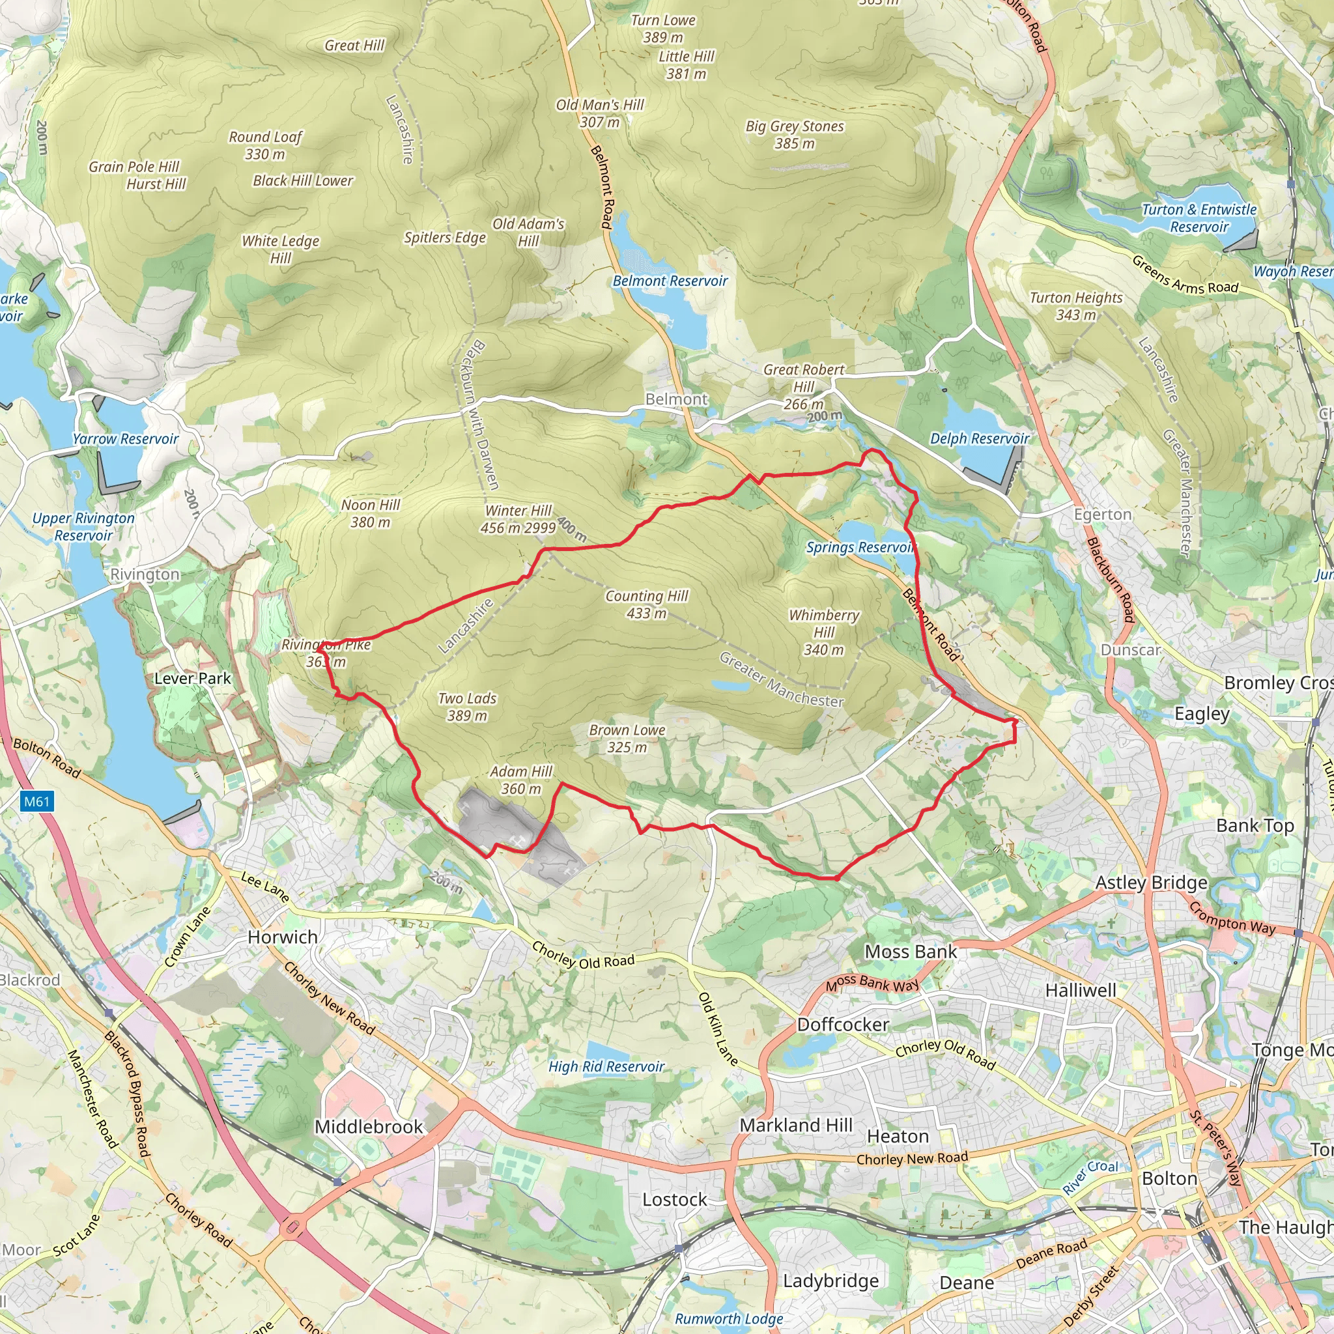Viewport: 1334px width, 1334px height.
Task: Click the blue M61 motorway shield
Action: (x=36, y=802)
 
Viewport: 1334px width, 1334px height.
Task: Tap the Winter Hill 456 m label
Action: (x=518, y=519)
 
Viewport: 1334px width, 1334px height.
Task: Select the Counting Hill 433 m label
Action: (x=646, y=604)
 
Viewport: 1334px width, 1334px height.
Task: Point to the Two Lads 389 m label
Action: (x=467, y=707)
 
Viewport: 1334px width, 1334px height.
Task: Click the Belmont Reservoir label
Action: (x=670, y=281)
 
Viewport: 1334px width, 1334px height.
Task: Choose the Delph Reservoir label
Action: (x=979, y=438)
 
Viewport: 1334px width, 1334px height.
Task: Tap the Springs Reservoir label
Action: (x=860, y=548)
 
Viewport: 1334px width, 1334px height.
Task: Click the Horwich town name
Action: (x=283, y=937)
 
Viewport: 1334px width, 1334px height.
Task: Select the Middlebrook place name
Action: (x=368, y=1127)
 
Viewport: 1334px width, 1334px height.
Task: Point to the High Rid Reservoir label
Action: (x=606, y=1067)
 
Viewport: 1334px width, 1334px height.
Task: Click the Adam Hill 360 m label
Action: (x=521, y=780)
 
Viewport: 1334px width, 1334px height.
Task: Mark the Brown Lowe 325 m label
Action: (x=627, y=738)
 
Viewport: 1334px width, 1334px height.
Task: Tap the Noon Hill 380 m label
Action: (x=370, y=514)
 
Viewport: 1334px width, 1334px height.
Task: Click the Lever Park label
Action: (x=193, y=678)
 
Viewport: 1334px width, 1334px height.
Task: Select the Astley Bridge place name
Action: (x=1151, y=883)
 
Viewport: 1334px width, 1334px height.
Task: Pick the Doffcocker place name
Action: (x=842, y=1025)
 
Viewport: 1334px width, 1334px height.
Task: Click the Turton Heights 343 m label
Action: (x=1076, y=306)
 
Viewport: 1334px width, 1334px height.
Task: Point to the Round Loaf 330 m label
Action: (x=265, y=145)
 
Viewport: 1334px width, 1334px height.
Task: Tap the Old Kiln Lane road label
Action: (x=717, y=1029)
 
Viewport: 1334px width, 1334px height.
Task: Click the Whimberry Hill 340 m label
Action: (x=824, y=632)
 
